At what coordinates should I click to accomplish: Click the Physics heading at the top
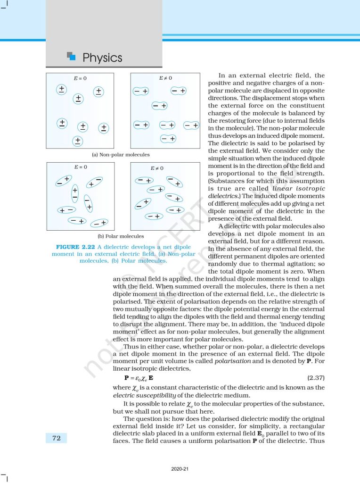(x=102, y=58)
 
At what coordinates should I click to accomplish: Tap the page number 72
(x=56, y=438)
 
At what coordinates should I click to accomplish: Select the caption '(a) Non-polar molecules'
(x=121, y=154)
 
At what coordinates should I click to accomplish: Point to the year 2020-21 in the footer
(x=180, y=468)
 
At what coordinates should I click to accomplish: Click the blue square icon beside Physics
(x=72, y=57)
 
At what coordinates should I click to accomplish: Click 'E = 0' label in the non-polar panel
(x=80, y=78)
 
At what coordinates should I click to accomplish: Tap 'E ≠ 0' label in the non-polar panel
(x=165, y=78)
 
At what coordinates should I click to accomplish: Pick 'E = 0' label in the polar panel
(x=80, y=167)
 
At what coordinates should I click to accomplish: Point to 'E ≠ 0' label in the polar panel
(x=157, y=168)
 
